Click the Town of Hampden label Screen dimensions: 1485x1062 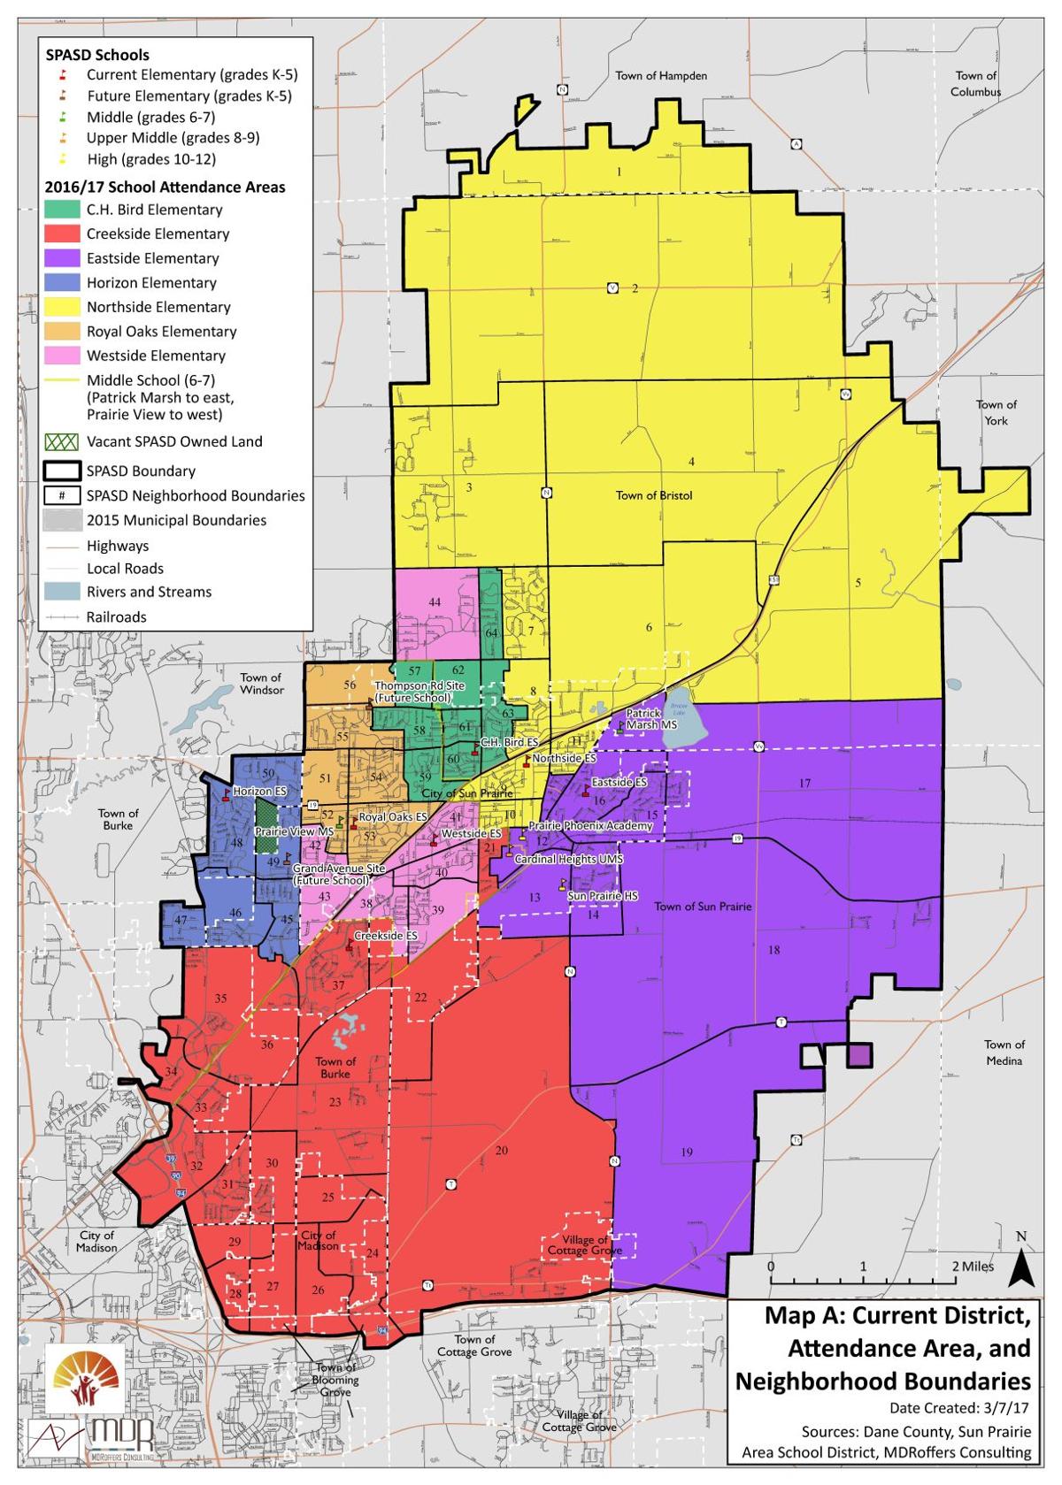coord(661,76)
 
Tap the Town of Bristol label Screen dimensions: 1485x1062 coord(654,495)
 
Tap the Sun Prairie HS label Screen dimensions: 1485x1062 coord(602,896)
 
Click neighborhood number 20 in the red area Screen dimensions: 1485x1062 coord(502,1150)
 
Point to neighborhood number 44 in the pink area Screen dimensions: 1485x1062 coord(435,602)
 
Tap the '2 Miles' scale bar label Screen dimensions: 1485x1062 coord(973,1267)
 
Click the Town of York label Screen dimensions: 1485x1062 coord(996,412)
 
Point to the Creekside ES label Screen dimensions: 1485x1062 coord(385,936)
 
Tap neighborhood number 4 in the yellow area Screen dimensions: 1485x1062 coord(691,462)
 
